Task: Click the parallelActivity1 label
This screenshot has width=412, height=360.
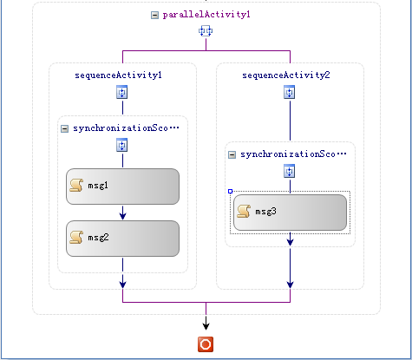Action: [206, 15]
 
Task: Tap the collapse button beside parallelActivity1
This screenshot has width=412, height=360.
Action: [154, 15]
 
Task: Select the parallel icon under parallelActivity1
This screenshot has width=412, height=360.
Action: [206, 31]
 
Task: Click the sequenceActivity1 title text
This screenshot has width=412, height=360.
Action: [118, 75]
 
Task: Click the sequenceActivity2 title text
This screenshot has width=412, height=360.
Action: [286, 75]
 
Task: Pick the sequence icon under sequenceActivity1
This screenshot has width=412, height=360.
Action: [122, 92]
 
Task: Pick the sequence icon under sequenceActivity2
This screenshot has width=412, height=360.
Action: [290, 92]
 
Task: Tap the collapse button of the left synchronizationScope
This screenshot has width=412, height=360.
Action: [64, 128]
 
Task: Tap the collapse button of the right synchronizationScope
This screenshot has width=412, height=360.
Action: [232, 154]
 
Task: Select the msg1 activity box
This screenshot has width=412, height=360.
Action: [122, 187]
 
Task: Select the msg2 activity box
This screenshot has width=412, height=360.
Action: [122, 239]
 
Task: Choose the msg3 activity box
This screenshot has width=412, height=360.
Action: [290, 213]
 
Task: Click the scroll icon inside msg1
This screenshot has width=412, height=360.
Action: [76, 186]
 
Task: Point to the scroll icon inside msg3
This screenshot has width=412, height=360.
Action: [244, 212]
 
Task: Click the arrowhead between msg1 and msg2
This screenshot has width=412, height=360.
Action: [122, 215]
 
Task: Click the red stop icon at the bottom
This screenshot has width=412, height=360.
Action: [206, 344]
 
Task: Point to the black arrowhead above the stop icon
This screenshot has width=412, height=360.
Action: [206, 326]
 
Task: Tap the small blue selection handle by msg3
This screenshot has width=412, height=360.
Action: [231, 192]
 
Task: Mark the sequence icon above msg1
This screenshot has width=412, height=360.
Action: [122, 145]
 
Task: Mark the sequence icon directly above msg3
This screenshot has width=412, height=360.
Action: [290, 171]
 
